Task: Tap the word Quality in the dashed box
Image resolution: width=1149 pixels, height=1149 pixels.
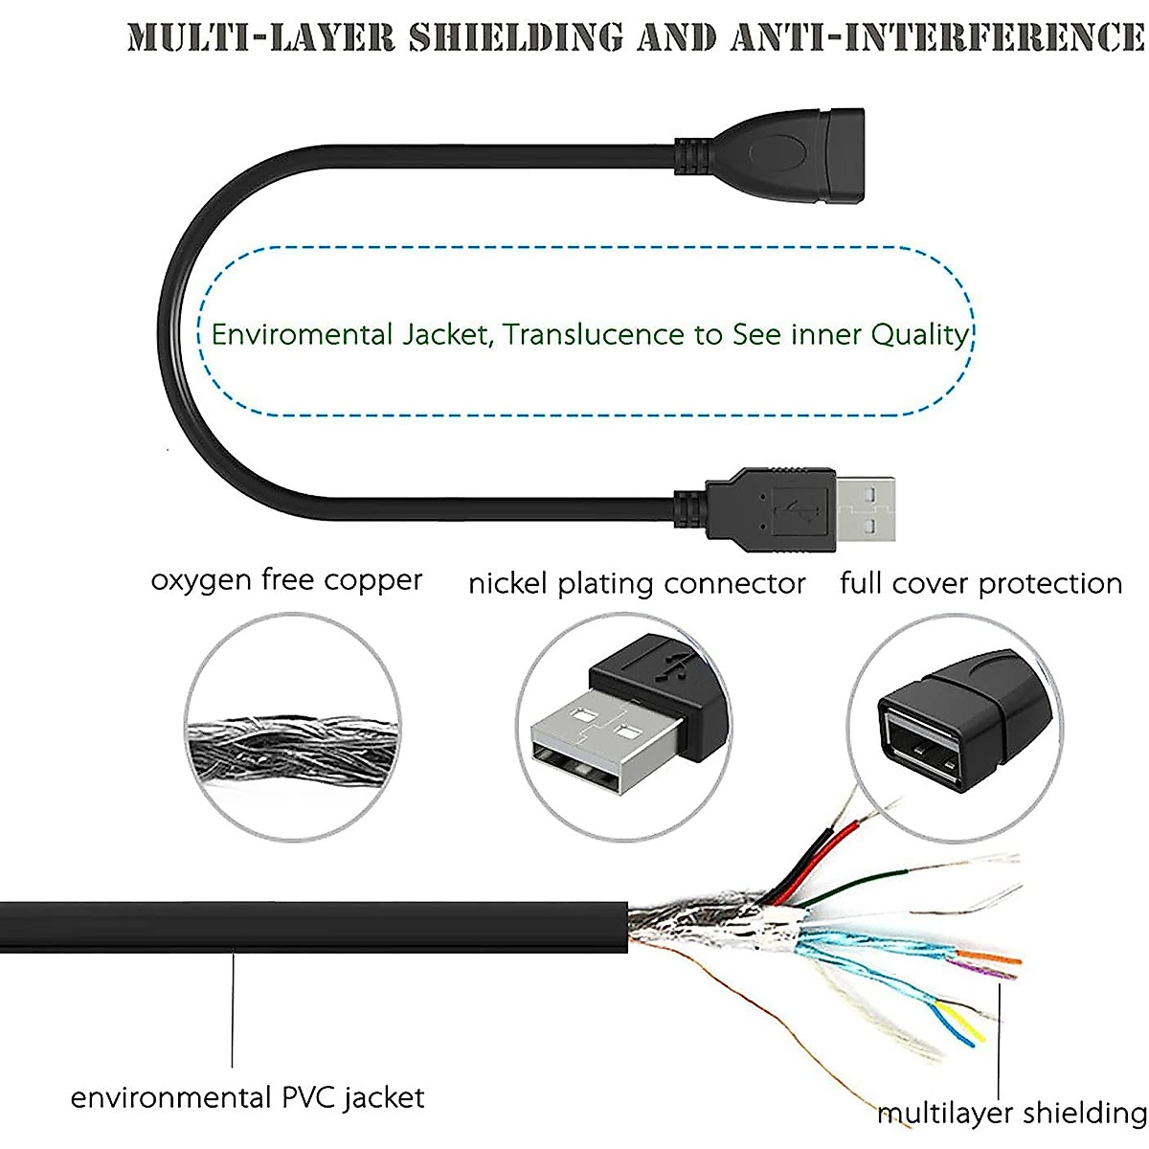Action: click(919, 334)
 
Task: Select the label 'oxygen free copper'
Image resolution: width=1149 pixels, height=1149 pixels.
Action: click(286, 580)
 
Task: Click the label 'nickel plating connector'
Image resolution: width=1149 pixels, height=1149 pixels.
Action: click(637, 583)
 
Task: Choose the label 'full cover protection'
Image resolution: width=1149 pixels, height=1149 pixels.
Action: click(980, 583)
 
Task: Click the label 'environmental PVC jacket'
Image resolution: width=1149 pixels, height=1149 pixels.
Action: click(247, 1097)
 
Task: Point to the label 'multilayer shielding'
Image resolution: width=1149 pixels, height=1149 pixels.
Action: click(1012, 1114)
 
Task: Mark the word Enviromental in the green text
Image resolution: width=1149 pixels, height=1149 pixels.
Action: click(303, 334)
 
